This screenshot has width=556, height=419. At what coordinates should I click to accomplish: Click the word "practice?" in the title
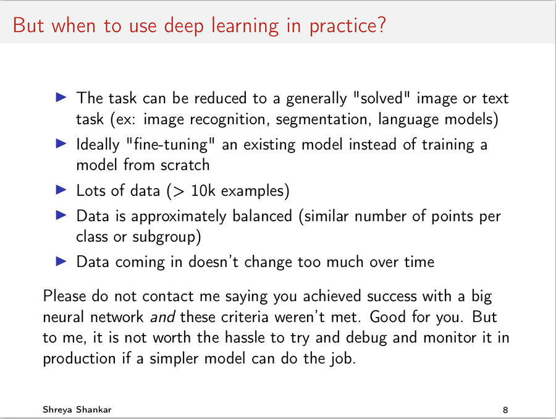347,26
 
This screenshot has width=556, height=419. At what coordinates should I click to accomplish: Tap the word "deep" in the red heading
183,26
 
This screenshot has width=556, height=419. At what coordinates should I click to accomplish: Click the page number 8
505,410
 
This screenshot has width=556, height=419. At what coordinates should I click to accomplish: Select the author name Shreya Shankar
77,410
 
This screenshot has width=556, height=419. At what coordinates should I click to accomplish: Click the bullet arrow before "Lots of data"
61,190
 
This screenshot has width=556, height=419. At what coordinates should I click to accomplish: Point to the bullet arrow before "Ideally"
61,144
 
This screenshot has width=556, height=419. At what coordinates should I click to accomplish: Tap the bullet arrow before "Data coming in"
61,261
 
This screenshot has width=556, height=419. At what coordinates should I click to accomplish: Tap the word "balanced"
262,216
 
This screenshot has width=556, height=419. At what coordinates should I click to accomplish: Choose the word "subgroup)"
167,237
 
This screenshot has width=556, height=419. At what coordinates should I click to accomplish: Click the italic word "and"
162,317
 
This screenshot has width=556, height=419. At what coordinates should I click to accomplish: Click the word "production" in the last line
80,358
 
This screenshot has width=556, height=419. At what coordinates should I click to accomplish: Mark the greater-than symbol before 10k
179,191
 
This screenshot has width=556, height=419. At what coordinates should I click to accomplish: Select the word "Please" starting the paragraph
64,296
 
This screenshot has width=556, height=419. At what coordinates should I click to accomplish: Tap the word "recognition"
227,119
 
